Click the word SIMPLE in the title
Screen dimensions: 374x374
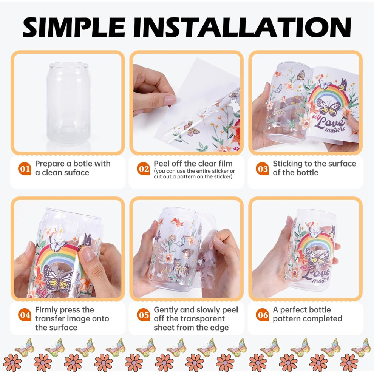pos(74,27)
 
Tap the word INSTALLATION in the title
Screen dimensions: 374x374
pos(242,27)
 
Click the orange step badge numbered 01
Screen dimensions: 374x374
pos(25,168)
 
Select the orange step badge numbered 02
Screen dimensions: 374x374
pos(143,168)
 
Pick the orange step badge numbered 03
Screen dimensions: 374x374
pos(263,168)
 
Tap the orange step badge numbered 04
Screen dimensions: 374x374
pos(25,315)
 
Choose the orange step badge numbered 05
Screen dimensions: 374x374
pos(143,315)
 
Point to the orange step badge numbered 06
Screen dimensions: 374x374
pos(263,315)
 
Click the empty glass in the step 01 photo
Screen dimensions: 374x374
pos(69,103)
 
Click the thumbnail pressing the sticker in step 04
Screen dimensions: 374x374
pos(87,253)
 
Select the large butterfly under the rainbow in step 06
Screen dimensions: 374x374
pos(317,257)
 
